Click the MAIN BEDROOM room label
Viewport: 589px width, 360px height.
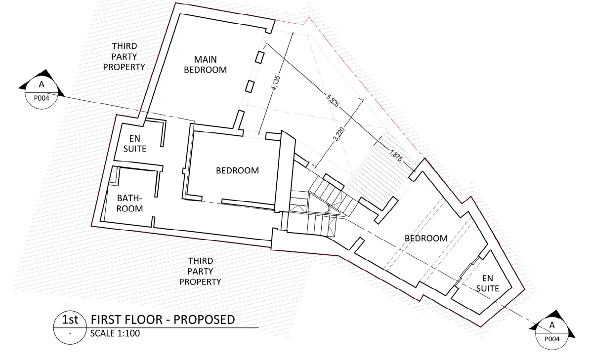coord(205,65)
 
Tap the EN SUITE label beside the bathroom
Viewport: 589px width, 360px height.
coord(134,143)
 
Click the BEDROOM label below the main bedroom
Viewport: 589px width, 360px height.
coord(237,170)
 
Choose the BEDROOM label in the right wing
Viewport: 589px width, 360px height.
coord(426,238)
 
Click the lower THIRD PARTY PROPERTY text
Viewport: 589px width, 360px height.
coord(200,271)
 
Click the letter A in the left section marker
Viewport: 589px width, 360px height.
coord(42,84)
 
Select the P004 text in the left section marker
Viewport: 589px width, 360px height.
coord(42,97)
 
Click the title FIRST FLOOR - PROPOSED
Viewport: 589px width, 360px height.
coord(163,320)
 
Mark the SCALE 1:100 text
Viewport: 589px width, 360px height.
coord(115,333)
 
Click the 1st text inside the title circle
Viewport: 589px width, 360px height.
coord(70,320)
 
